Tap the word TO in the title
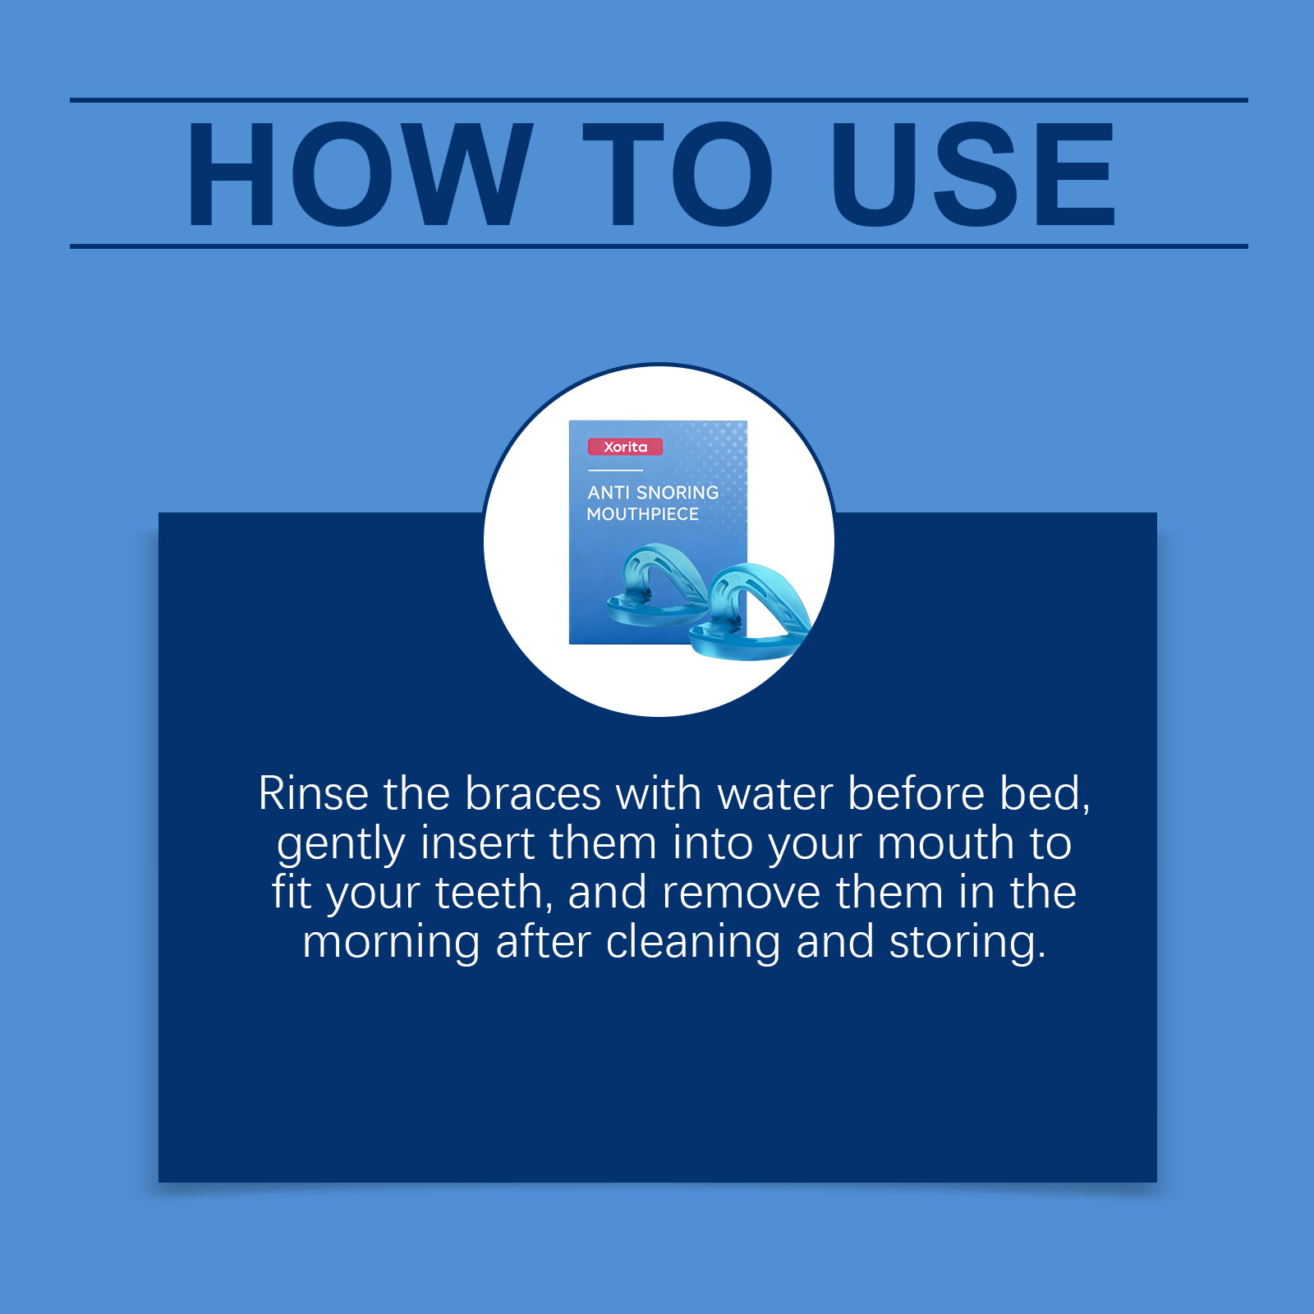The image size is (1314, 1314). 678,173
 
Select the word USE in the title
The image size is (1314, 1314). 973,173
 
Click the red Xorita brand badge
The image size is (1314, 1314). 625,447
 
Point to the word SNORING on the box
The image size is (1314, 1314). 678,493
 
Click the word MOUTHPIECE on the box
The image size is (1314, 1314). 642,514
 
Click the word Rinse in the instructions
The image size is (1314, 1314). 314,794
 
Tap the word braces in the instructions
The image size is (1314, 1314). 534,794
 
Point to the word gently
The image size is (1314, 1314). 342,846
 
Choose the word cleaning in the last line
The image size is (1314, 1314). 693,943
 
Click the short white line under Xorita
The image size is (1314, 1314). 616,471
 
